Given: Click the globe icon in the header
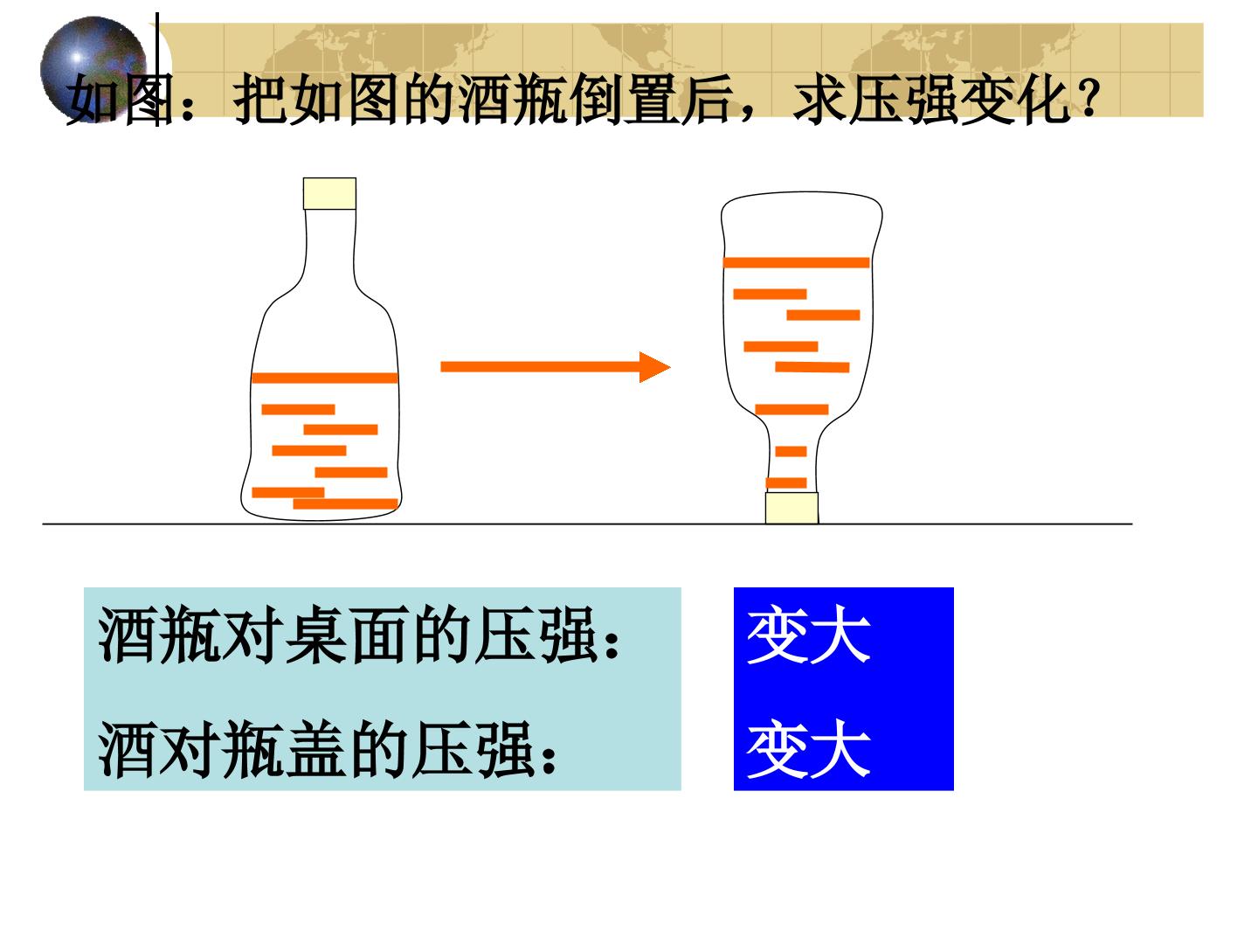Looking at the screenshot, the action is pos(93,70).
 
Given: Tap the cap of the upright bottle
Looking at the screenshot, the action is pos(329,194).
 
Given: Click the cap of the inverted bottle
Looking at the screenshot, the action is pos(791,508).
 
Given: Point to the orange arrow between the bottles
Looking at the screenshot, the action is pos(555,367).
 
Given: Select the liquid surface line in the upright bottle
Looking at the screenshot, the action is pos(325,378).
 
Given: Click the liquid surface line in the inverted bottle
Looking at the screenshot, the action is pos(796,262).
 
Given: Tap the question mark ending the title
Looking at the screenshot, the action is pos(1088,97).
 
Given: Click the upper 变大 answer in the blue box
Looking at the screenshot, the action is pos(809,635).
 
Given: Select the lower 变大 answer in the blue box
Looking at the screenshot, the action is pos(809,748).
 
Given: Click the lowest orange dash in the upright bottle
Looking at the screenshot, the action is pos(346,503).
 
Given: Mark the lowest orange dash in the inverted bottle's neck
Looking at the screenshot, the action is pos(786,482).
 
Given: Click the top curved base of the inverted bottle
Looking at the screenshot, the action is pos(802,195).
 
